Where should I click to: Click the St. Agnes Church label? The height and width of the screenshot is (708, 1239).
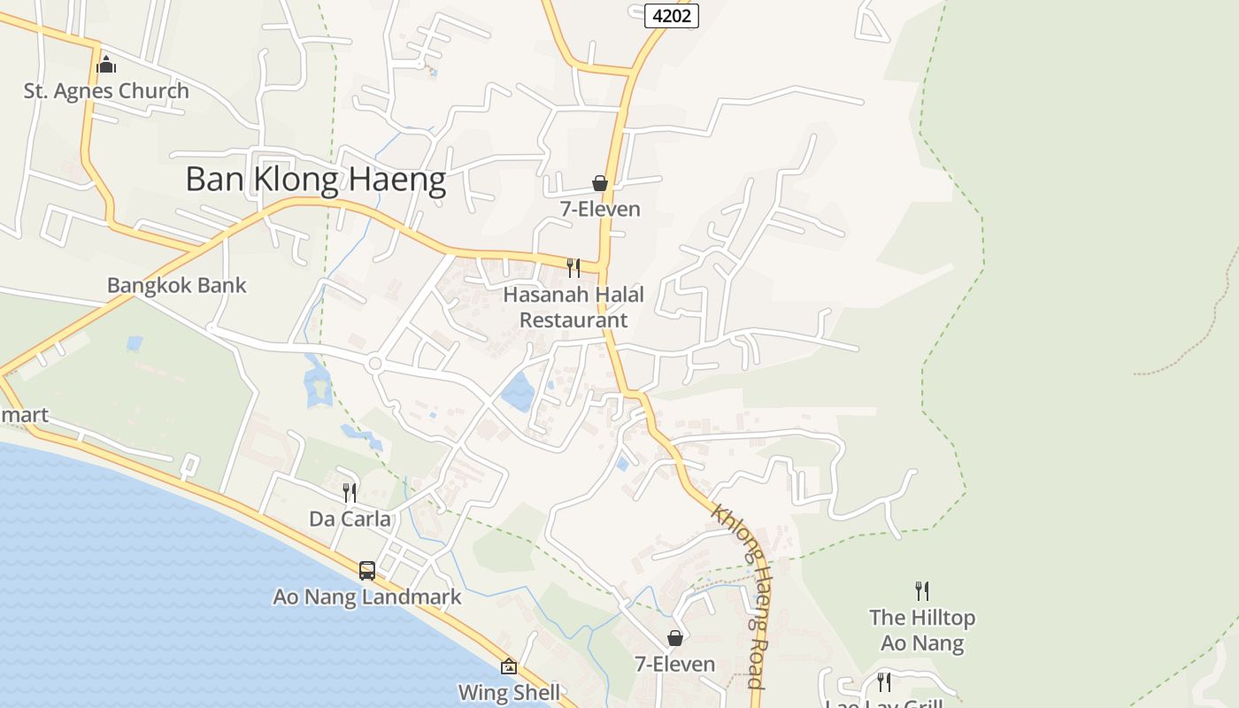tap(106, 90)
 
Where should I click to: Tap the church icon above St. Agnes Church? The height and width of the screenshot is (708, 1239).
tap(106, 64)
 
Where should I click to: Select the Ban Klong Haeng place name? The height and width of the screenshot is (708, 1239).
tap(315, 180)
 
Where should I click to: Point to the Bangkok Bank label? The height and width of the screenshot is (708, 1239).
tap(176, 285)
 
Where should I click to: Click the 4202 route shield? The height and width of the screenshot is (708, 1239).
tap(672, 15)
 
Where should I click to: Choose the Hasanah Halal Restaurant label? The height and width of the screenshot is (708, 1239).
tap(573, 306)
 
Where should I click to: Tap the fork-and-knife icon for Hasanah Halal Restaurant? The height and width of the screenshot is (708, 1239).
tap(573, 267)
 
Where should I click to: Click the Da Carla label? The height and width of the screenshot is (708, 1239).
tap(350, 518)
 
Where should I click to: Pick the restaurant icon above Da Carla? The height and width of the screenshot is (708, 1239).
tap(350, 492)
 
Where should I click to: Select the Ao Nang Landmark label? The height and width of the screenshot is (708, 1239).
tap(366, 596)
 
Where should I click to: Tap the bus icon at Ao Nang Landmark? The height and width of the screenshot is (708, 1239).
tap(366, 571)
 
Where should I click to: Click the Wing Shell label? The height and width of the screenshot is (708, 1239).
tap(509, 691)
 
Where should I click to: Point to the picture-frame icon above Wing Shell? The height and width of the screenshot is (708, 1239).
tap(509, 666)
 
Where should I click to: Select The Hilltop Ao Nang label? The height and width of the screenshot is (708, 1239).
tap(922, 629)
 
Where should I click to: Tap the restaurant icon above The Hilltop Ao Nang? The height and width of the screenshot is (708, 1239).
tap(922, 590)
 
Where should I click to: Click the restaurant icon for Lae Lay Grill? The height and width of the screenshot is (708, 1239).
tap(883, 681)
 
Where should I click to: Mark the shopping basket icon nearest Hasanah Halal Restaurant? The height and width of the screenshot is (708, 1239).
tap(600, 183)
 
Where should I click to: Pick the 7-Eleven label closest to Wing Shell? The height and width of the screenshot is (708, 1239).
tap(674, 664)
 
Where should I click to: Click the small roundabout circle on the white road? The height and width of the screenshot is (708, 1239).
tap(374, 363)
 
